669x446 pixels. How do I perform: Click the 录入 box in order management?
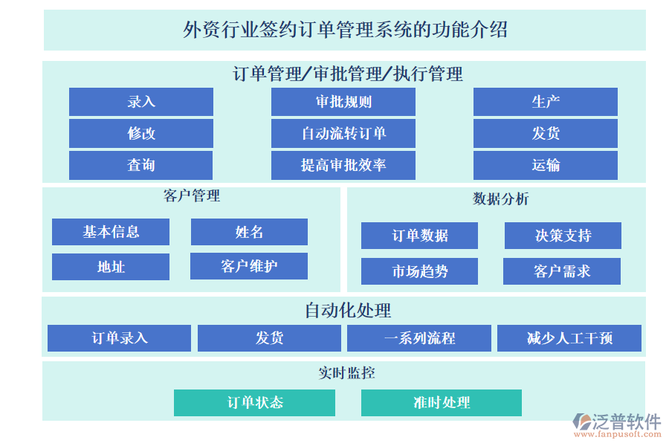point(140,102)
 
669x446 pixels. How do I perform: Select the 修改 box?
point(140,134)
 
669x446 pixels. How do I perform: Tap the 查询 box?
point(140,165)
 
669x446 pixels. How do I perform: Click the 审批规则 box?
point(343,102)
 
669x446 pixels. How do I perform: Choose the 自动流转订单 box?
point(343,134)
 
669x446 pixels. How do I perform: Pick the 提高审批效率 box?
point(343,165)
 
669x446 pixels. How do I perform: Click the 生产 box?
point(545,102)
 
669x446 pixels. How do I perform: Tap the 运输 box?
point(545,165)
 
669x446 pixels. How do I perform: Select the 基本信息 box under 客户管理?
point(110,232)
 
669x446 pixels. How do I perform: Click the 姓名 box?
point(249,232)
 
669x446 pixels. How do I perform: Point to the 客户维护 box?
point(249,266)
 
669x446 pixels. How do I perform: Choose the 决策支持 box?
point(563,236)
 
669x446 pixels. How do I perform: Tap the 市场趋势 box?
point(419,271)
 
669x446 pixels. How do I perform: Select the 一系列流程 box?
point(418,338)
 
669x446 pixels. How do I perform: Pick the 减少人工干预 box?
point(569,338)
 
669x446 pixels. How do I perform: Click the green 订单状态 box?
point(254,403)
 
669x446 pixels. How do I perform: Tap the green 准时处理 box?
point(441,403)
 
